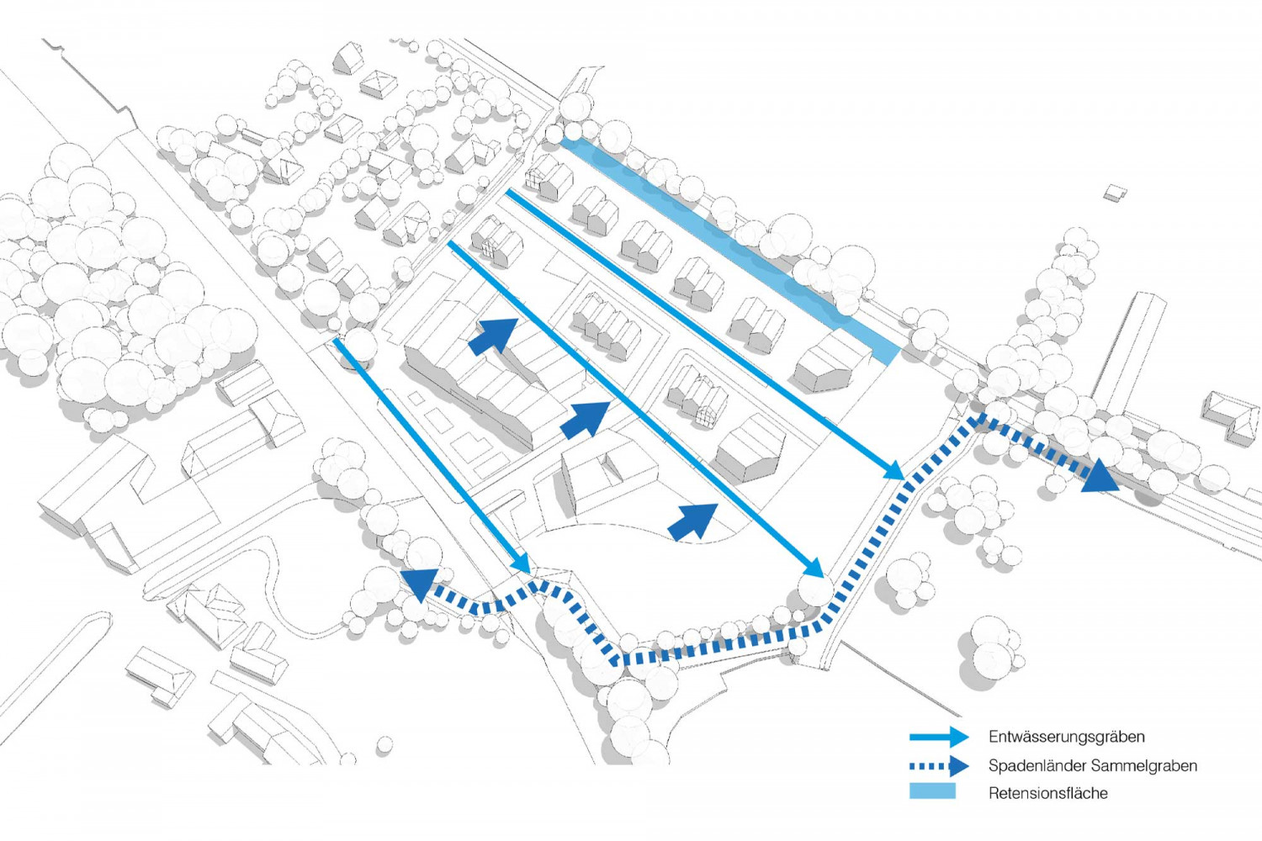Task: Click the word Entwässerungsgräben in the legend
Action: click(x=1066, y=737)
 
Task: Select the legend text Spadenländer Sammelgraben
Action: click(x=1092, y=765)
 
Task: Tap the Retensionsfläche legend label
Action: click(x=1047, y=793)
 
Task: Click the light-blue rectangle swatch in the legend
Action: click(x=932, y=791)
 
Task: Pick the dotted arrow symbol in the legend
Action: click(x=939, y=766)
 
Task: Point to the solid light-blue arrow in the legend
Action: click(x=939, y=738)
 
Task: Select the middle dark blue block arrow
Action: click(x=586, y=419)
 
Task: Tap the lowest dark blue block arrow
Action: click(x=693, y=521)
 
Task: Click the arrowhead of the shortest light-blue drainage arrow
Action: click(x=522, y=564)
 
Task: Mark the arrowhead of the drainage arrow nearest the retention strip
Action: click(x=895, y=471)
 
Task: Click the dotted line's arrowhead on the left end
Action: click(x=418, y=582)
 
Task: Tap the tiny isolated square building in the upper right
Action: click(x=1116, y=193)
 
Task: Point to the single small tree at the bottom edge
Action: click(x=384, y=744)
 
